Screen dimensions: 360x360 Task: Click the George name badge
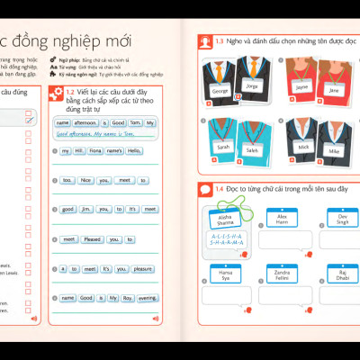(220, 91)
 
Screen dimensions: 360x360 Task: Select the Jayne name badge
(301, 87)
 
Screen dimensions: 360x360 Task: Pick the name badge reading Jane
(334, 90)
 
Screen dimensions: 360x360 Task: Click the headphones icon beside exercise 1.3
(204, 41)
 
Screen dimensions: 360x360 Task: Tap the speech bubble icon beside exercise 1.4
(204, 189)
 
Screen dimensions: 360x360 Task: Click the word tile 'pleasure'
(143, 268)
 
